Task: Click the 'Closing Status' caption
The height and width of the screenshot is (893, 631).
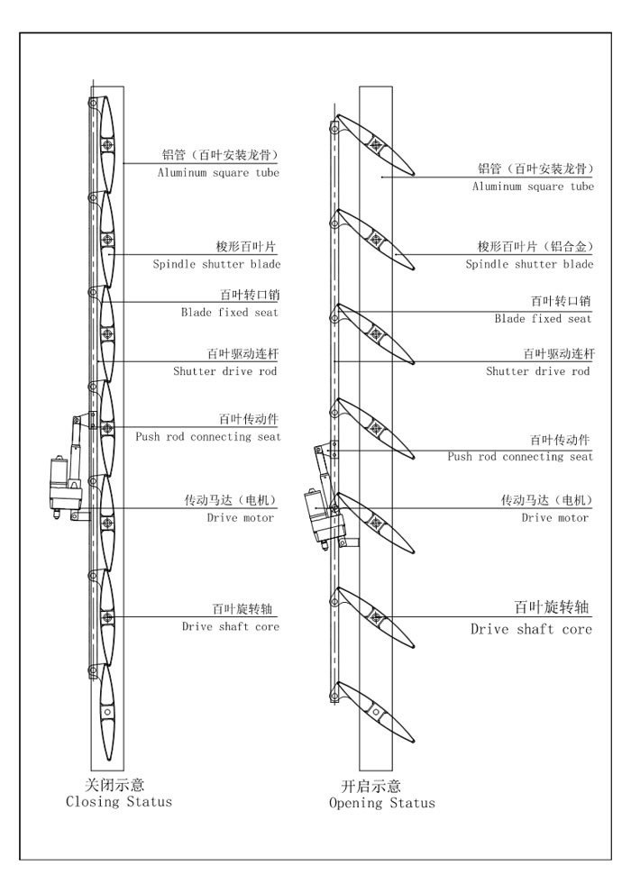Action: click(119, 801)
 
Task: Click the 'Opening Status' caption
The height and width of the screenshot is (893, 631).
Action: click(381, 803)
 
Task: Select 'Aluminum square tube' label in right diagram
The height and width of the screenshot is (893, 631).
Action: click(533, 187)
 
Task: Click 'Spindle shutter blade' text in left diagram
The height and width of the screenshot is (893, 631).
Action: click(216, 264)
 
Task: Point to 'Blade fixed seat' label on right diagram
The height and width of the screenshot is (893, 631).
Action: click(543, 319)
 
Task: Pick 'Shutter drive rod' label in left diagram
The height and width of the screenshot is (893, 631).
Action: click(224, 370)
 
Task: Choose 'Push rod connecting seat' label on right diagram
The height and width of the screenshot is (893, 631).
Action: click(520, 457)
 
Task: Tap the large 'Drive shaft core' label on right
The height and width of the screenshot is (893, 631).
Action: click(531, 629)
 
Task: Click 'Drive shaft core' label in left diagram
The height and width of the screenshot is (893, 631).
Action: click(230, 626)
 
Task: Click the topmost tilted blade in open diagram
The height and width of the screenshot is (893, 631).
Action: click(375, 143)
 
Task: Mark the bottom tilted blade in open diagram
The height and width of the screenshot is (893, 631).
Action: click(375, 712)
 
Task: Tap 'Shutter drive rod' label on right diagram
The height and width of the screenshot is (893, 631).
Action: click(537, 371)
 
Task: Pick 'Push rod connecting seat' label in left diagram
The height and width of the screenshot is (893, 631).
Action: click(208, 437)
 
